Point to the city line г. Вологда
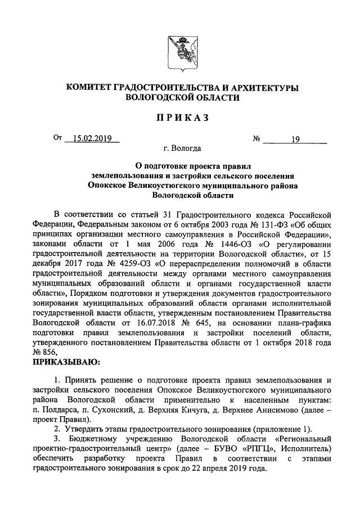tap(179, 149)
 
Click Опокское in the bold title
tap(110, 185)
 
